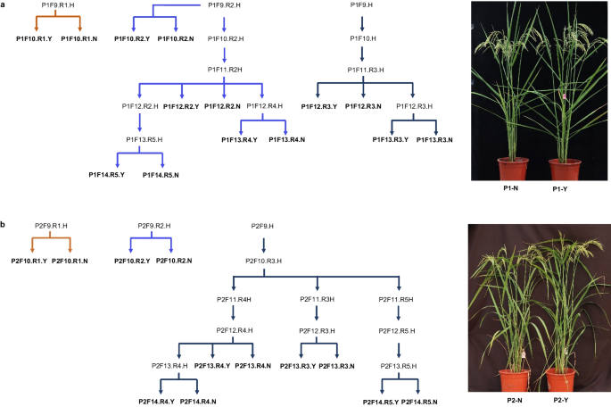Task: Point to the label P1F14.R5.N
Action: [x=164, y=174]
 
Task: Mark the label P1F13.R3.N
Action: [x=432, y=140]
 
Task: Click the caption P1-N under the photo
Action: [x=510, y=189]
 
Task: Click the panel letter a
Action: [x=4, y=5]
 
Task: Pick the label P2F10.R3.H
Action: [x=265, y=262]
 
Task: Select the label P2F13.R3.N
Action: [x=339, y=366]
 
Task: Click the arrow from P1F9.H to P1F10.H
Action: [x=361, y=22]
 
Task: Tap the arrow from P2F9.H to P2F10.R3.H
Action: [x=263, y=244]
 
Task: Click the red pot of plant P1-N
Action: [x=512, y=169]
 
